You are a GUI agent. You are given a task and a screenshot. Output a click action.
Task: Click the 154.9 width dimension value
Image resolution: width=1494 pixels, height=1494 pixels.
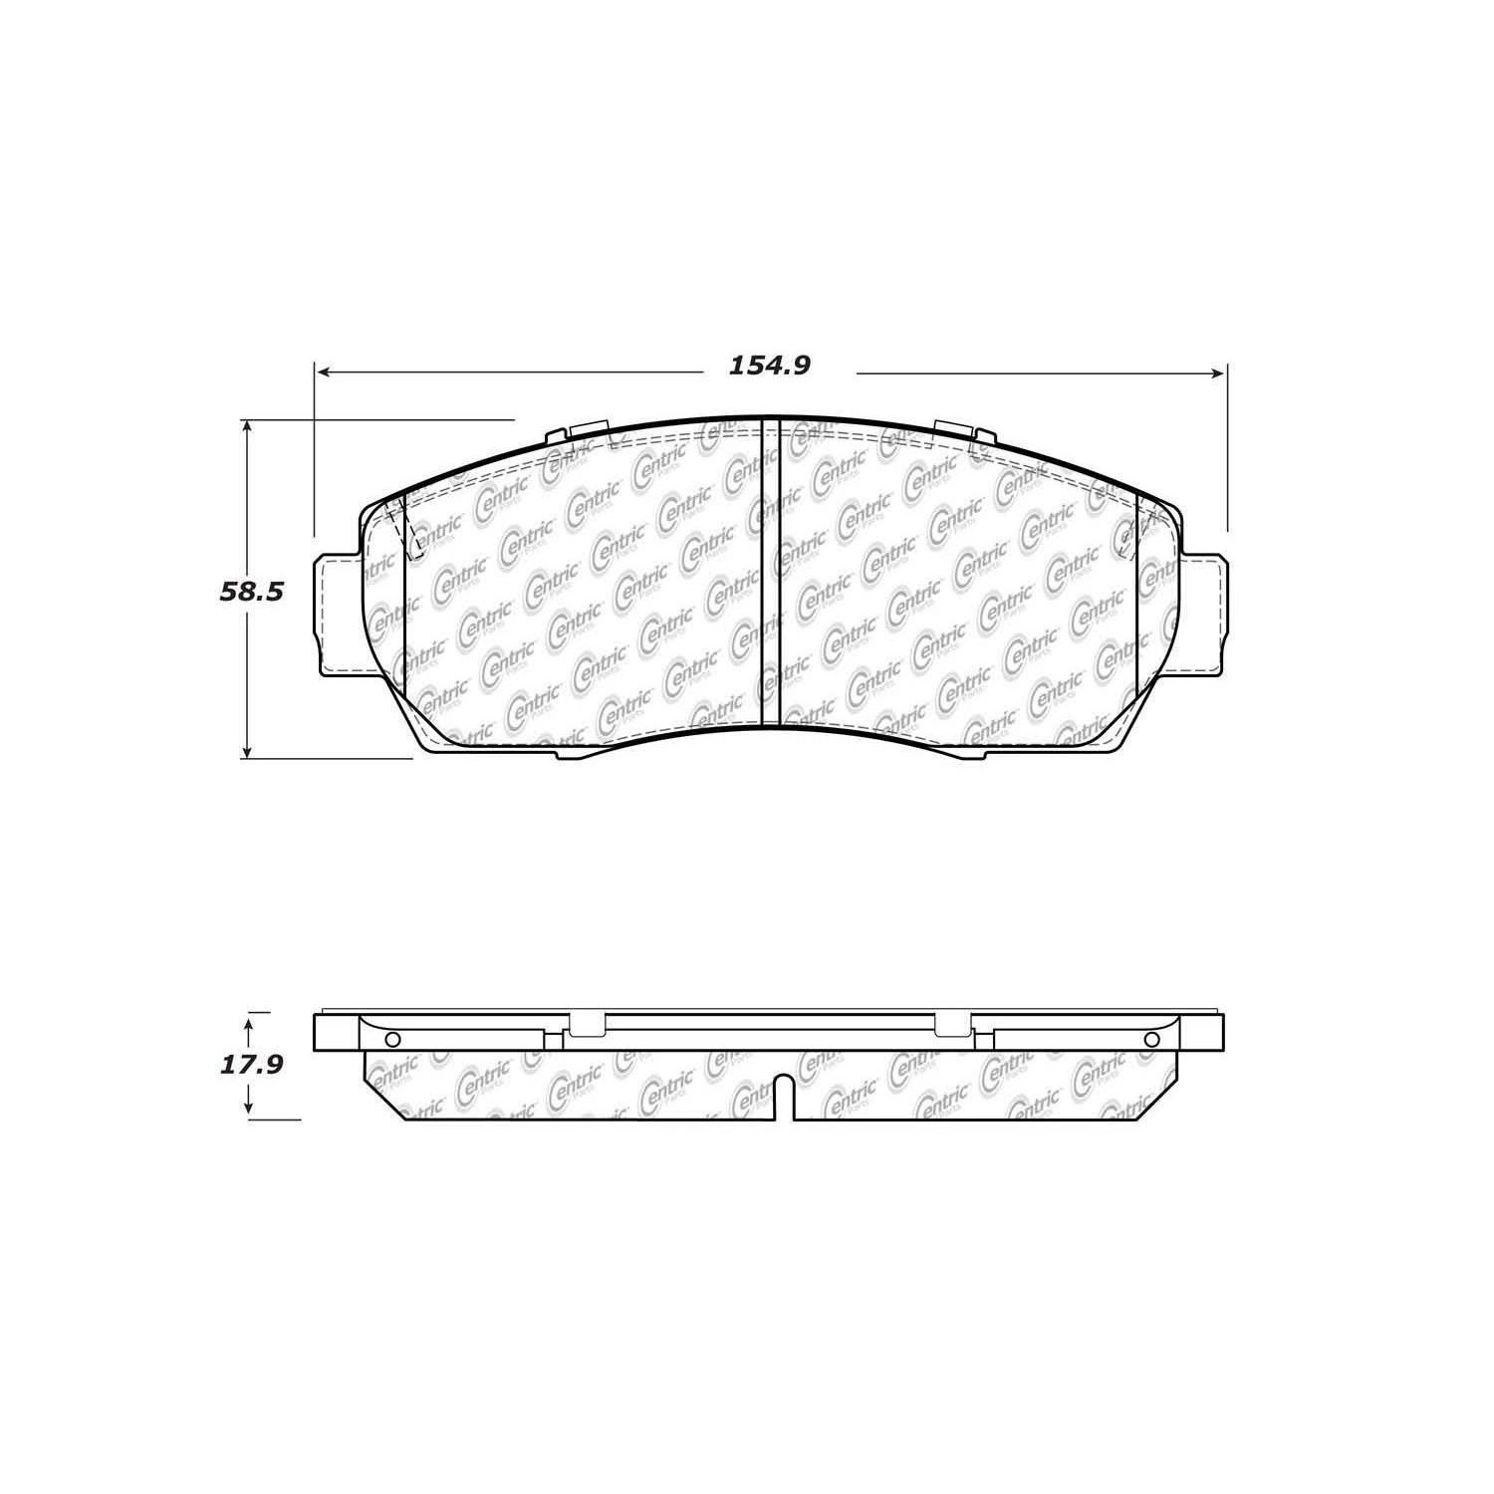tap(770, 366)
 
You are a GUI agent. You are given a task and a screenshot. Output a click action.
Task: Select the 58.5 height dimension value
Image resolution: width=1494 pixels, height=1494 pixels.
tap(251, 592)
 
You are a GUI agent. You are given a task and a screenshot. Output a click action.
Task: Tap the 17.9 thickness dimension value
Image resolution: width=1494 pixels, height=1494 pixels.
tap(251, 1065)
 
